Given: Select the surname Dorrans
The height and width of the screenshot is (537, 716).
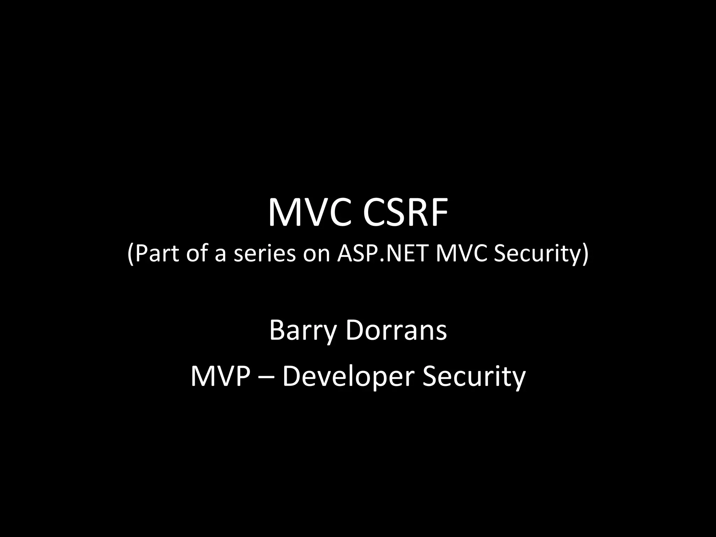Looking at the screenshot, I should click(x=396, y=330).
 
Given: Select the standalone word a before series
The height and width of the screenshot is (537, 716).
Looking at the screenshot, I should click(x=220, y=255).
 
